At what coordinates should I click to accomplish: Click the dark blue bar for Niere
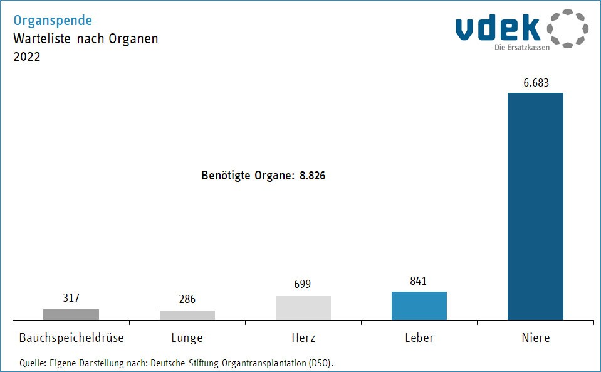(535, 206)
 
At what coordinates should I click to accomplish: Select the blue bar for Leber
(419, 306)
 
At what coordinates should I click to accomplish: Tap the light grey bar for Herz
(303, 308)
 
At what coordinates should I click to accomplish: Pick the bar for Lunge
(187, 315)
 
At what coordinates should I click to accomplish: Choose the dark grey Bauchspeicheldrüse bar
(71, 314)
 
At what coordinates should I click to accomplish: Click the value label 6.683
(535, 82)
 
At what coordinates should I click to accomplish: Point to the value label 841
(418, 281)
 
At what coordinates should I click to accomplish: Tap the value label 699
(303, 285)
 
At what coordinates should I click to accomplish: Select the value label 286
(187, 299)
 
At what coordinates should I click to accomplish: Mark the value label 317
(71, 298)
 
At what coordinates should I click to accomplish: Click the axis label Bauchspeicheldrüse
(71, 338)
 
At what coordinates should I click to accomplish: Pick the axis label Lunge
(187, 338)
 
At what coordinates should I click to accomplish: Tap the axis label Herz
(303, 338)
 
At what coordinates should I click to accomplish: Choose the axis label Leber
(419, 338)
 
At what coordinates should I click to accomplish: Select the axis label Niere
(535, 338)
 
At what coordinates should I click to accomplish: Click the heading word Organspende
(53, 21)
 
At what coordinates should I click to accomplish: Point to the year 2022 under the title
(26, 56)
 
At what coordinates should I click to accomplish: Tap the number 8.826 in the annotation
(312, 176)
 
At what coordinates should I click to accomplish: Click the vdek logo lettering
(498, 29)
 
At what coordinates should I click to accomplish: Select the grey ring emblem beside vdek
(568, 29)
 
